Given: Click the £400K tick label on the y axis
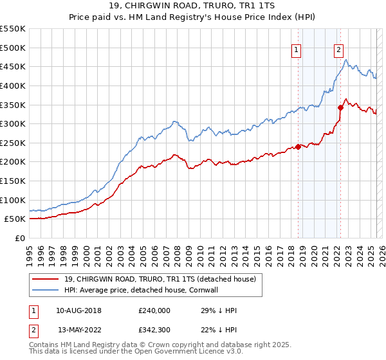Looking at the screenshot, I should click(x=12, y=85).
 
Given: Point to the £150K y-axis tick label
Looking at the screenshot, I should click(x=12, y=181).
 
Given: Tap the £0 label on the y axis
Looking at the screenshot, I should click(x=19, y=238).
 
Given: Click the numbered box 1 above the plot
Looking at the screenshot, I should click(x=296, y=52).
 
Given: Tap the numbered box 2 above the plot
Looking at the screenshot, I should click(x=338, y=52).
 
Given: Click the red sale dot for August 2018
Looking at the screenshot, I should click(x=299, y=147).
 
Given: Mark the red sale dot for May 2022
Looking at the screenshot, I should click(x=341, y=108).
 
